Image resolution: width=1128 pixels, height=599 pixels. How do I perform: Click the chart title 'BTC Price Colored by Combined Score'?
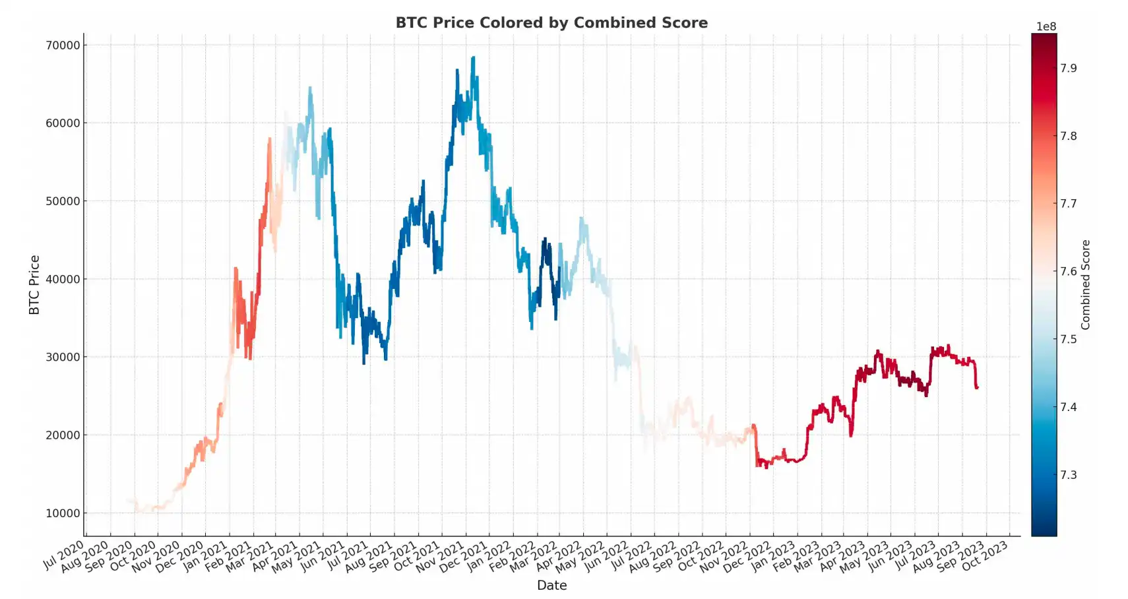point(551,22)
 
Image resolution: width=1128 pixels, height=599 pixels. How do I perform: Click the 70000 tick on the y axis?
point(63,46)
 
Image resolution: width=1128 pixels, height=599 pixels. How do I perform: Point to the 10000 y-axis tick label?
point(63,513)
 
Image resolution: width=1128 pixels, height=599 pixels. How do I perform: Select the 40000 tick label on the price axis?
point(63,279)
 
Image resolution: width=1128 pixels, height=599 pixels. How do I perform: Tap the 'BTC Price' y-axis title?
point(34,285)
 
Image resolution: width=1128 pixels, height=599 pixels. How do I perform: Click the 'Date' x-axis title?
point(551,585)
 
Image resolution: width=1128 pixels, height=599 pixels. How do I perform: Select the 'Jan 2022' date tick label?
point(489,555)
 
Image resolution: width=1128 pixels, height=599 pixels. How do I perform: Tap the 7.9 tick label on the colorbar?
point(1069,68)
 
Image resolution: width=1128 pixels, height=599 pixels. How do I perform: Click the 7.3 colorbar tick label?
point(1069,475)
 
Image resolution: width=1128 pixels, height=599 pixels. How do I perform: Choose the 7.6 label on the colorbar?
point(1069,271)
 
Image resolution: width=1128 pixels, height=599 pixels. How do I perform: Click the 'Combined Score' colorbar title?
point(1086,285)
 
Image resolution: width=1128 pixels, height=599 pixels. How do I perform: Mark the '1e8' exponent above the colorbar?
point(1046,26)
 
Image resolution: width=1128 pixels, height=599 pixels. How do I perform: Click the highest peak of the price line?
point(473,58)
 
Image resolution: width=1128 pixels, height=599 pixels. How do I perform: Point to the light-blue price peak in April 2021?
point(310,88)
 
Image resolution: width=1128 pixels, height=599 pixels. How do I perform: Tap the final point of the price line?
point(977,387)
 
